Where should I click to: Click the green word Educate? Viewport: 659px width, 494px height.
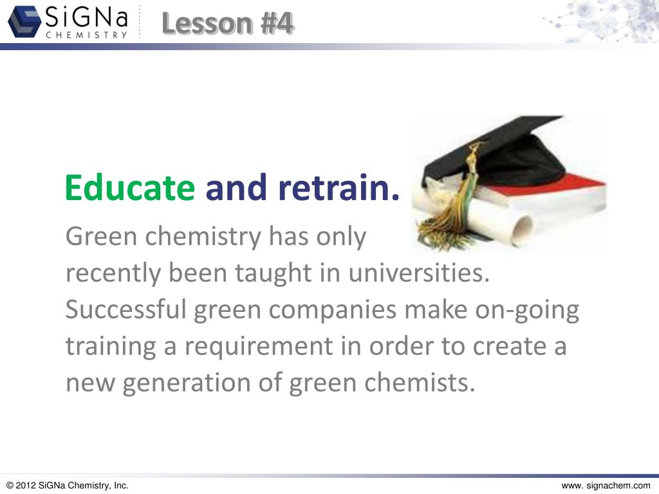click(x=129, y=188)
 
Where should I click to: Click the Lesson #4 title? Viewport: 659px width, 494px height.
click(x=228, y=24)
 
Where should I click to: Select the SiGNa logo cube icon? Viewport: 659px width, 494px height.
click(x=24, y=22)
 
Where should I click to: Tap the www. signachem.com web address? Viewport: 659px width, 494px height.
click(x=606, y=486)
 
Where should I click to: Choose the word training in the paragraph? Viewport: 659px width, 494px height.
click(x=109, y=347)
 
